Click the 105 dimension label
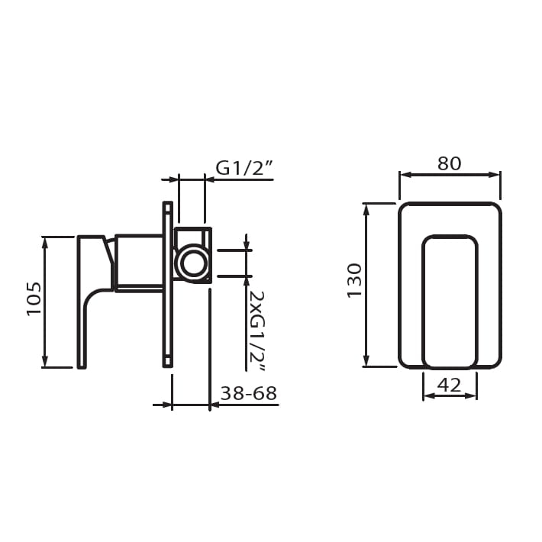pyautogui.click(x=34, y=298)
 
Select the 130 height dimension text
pyautogui.click(x=354, y=280)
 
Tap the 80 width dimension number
pyautogui.click(x=450, y=163)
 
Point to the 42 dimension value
pyautogui.click(x=450, y=385)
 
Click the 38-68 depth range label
pyautogui.click(x=249, y=393)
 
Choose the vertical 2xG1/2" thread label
pyautogui.click(x=256, y=331)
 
